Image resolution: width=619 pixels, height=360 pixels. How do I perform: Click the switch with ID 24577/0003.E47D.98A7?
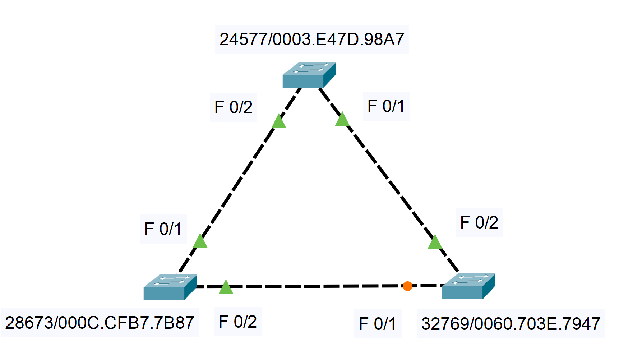point(309,75)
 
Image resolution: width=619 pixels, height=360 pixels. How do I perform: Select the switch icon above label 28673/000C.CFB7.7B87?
point(170,287)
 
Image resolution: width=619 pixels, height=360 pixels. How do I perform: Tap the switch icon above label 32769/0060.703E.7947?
point(468,286)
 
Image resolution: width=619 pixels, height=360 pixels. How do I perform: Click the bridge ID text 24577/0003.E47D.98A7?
point(312,40)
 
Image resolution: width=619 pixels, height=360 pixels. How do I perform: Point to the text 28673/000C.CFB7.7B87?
point(100,323)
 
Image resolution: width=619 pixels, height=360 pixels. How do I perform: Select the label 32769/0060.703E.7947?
point(511,324)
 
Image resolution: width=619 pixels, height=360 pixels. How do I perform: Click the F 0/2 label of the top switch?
point(234,107)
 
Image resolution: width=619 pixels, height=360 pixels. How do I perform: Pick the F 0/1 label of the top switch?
point(386,106)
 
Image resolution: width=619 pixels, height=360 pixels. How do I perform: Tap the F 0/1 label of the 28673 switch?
point(163,229)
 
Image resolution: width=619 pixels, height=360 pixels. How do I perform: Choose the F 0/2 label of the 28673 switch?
point(237,322)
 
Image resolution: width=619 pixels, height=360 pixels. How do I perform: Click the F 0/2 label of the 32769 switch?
point(479,222)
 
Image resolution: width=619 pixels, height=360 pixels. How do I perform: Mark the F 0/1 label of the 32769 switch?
point(378,324)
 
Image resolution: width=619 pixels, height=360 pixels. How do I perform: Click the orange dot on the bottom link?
point(407,286)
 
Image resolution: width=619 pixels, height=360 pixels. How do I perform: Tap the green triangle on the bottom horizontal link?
point(226,288)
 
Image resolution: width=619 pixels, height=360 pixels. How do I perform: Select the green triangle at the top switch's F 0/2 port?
point(279,122)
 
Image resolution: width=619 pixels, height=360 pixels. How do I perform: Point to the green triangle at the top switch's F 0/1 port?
point(342,120)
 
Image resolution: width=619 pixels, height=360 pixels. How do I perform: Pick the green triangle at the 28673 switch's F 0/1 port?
point(200,241)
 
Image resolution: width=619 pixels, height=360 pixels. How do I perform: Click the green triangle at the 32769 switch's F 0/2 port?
point(435,243)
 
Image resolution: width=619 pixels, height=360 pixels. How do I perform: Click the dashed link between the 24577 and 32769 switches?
point(388,180)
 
